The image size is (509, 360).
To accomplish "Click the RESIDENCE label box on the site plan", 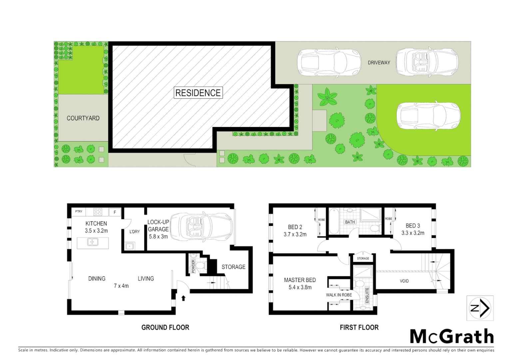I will tap(198, 93).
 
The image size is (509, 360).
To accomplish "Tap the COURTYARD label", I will tap(83, 118).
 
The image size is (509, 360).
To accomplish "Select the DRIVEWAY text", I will tap(379, 63).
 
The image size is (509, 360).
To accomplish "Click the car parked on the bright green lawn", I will tap(428, 116).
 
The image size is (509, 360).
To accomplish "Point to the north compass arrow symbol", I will tap(480, 308).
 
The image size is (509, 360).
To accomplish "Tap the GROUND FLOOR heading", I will tap(165, 327).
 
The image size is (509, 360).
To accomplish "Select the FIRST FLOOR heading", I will tap(359, 327).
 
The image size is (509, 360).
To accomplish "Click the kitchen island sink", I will tap(93, 242).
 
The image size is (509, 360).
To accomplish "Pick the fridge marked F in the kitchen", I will tap(115, 212).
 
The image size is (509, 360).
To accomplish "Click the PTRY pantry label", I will tap(79, 211).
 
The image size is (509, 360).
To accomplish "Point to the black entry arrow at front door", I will tap(183, 298).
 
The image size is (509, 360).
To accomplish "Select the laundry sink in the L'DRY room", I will tap(130, 246).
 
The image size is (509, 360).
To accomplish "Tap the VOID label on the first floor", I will tap(404, 281).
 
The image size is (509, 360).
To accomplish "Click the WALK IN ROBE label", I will tap(339, 295).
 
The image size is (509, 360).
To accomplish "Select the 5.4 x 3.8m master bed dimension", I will tap(300, 287).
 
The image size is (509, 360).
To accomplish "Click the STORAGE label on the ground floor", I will tap(233, 267).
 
